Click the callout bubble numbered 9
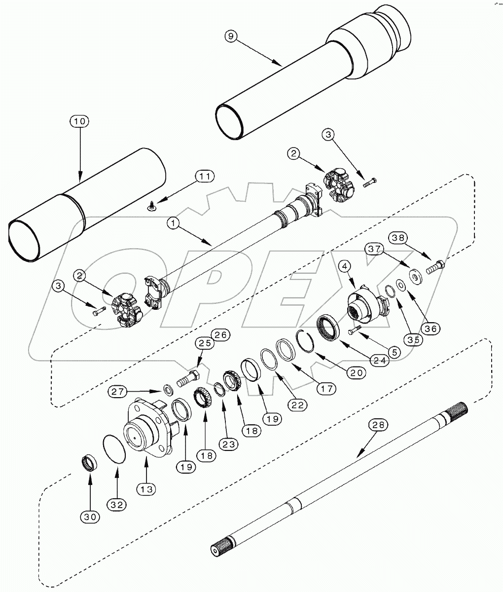[x=230, y=36]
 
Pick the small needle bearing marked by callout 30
[x=89, y=465]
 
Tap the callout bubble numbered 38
[x=400, y=239]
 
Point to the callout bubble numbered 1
[x=173, y=223]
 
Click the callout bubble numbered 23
[x=230, y=444]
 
